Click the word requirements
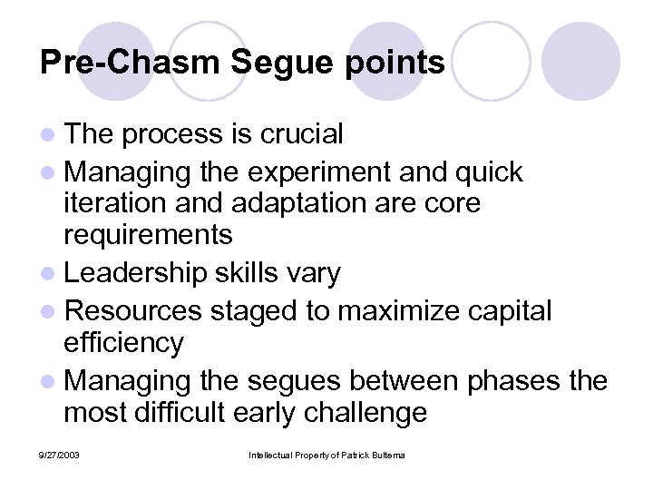tap(148, 235)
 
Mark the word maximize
tap(398, 310)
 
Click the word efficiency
tap(123, 342)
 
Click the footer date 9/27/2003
tap(61, 454)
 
